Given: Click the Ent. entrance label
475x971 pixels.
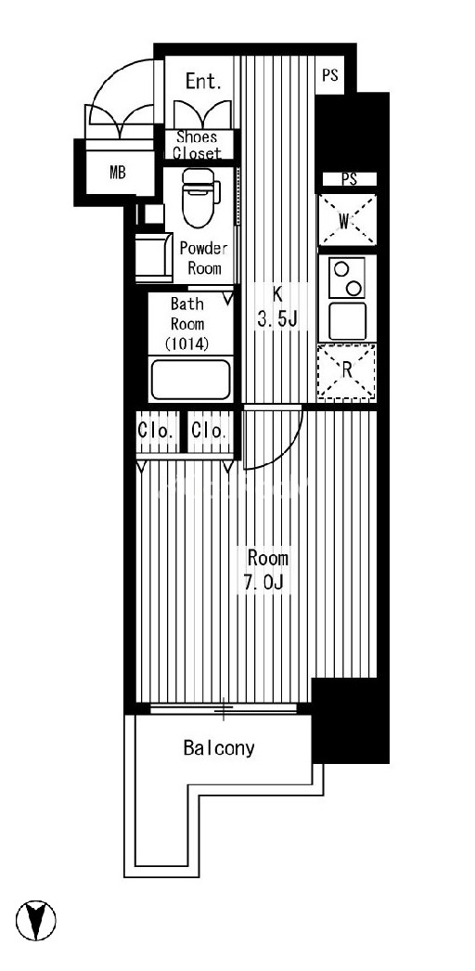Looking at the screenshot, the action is tap(203, 81).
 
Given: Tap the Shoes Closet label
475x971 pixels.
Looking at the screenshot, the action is tap(197, 145).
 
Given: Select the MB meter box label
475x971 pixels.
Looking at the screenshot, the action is tap(118, 173).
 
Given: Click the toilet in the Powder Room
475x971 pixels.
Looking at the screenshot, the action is tap(200, 198).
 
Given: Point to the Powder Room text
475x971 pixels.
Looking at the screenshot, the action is tap(204, 258).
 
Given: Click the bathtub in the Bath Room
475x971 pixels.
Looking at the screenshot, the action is tap(191, 379).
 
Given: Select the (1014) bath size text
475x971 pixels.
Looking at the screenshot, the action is tap(186, 343).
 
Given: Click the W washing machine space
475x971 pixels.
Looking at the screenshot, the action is tap(347, 220).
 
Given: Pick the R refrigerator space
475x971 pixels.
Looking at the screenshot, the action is tap(347, 371).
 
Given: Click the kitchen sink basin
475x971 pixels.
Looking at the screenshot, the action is tap(348, 321).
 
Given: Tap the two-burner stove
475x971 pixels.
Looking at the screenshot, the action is tap(347, 278).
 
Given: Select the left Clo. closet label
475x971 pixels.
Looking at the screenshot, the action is tap(158, 431).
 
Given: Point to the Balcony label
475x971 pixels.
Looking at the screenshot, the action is tap(219, 748).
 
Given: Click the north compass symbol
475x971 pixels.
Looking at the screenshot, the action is tap(36, 920).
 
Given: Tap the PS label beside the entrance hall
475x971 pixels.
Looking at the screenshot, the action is tap(330, 75).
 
